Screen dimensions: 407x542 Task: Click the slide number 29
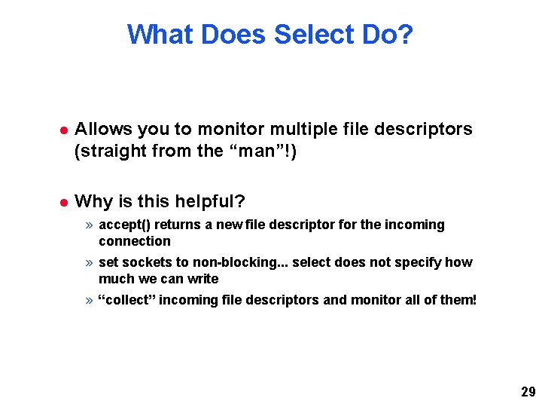pyautogui.click(x=528, y=391)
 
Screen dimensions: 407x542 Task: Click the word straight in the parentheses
pyautogui.click(x=111, y=151)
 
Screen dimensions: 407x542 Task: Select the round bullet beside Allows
pyautogui.click(x=65, y=130)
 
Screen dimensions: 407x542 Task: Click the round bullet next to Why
pyautogui.click(x=65, y=202)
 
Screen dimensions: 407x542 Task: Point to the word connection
pyautogui.click(x=135, y=241)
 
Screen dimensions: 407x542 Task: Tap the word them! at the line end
pyautogui.click(x=458, y=300)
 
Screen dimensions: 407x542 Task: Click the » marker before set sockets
pyautogui.click(x=90, y=262)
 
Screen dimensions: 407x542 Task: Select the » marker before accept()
pyautogui.click(x=90, y=225)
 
